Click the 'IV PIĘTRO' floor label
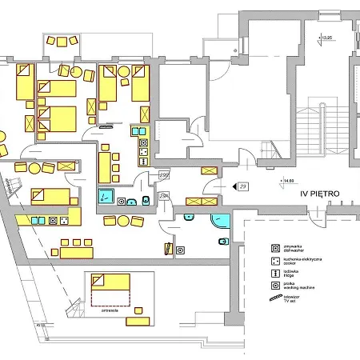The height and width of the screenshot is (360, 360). (x=326, y=194)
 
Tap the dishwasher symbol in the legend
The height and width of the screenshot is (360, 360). (x=275, y=247)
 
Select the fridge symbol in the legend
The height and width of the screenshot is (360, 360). (x=275, y=272)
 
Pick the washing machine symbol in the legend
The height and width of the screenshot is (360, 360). (x=275, y=285)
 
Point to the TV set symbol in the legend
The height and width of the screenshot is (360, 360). (x=276, y=298)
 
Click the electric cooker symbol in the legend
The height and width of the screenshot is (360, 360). (x=275, y=260)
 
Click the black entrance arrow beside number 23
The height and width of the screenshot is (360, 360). (x=233, y=186)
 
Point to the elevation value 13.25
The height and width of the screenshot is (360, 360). (x=326, y=38)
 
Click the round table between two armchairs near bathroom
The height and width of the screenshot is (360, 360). (x=125, y=221)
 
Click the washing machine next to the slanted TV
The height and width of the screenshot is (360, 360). (x=180, y=250)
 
